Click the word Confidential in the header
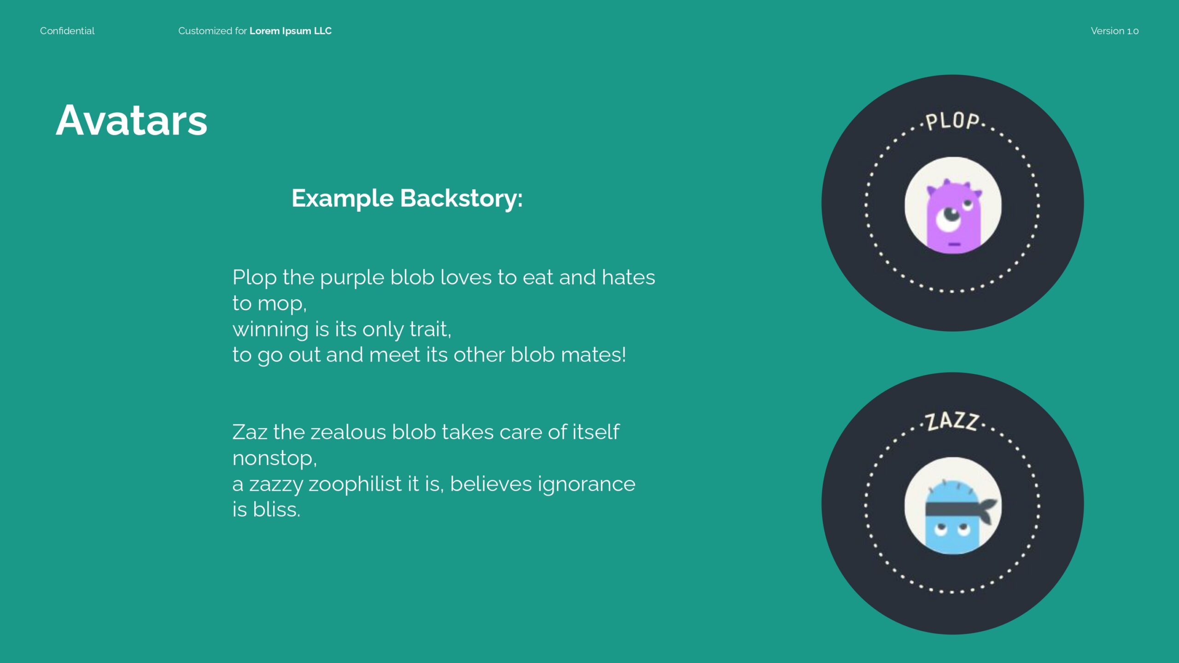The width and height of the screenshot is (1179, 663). (x=67, y=31)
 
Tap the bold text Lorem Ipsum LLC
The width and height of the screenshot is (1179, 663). (x=291, y=31)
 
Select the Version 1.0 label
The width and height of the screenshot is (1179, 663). (x=1115, y=31)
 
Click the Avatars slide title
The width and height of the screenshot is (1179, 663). (x=132, y=120)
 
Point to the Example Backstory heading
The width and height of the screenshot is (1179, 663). (x=407, y=198)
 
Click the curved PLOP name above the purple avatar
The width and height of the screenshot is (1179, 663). (x=952, y=121)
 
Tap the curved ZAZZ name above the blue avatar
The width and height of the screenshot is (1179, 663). (x=952, y=421)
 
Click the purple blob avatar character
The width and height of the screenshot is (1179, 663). (x=954, y=216)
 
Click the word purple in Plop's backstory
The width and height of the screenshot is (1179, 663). (x=352, y=278)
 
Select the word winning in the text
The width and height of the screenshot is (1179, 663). (x=270, y=330)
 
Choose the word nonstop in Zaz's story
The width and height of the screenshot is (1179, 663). (x=274, y=459)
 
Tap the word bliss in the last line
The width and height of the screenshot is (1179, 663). (x=276, y=510)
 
